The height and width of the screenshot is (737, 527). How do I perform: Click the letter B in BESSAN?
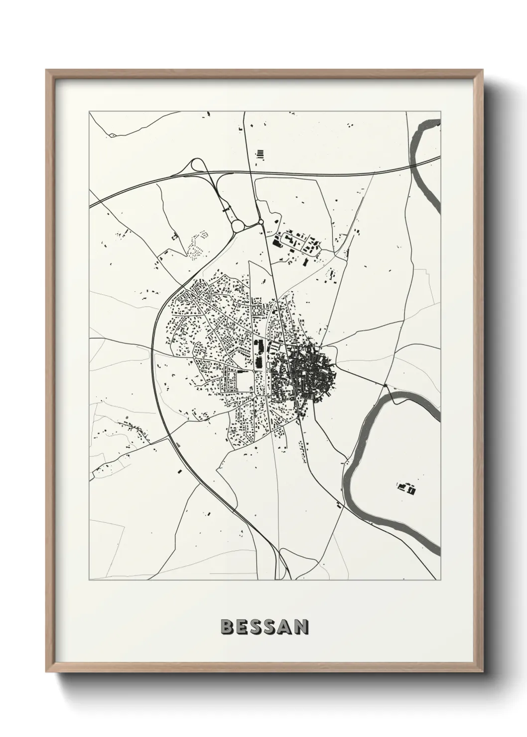pos(226,627)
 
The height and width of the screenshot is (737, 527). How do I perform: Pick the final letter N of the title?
pos(300,627)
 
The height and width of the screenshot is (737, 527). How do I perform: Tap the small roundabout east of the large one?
pos(261,222)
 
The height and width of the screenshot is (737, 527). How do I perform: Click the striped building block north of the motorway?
pos(260,154)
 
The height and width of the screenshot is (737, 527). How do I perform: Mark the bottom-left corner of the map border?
pos(89,581)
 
